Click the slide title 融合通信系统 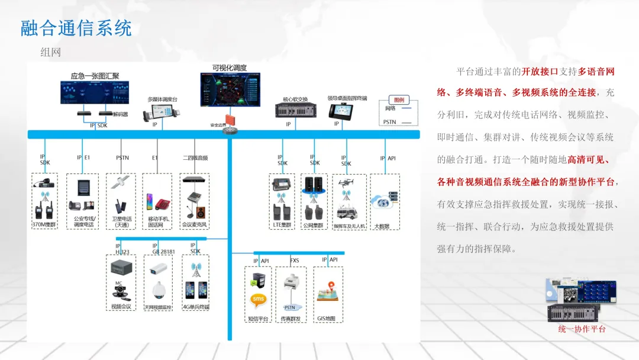click(76, 28)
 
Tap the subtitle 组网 click(51, 52)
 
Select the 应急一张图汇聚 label click(95, 76)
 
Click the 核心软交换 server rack click(292, 110)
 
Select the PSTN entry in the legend click(390, 122)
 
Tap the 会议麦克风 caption click(195, 225)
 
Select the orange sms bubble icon click(259, 300)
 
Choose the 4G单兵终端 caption click(196, 307)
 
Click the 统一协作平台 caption click(582, 329)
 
